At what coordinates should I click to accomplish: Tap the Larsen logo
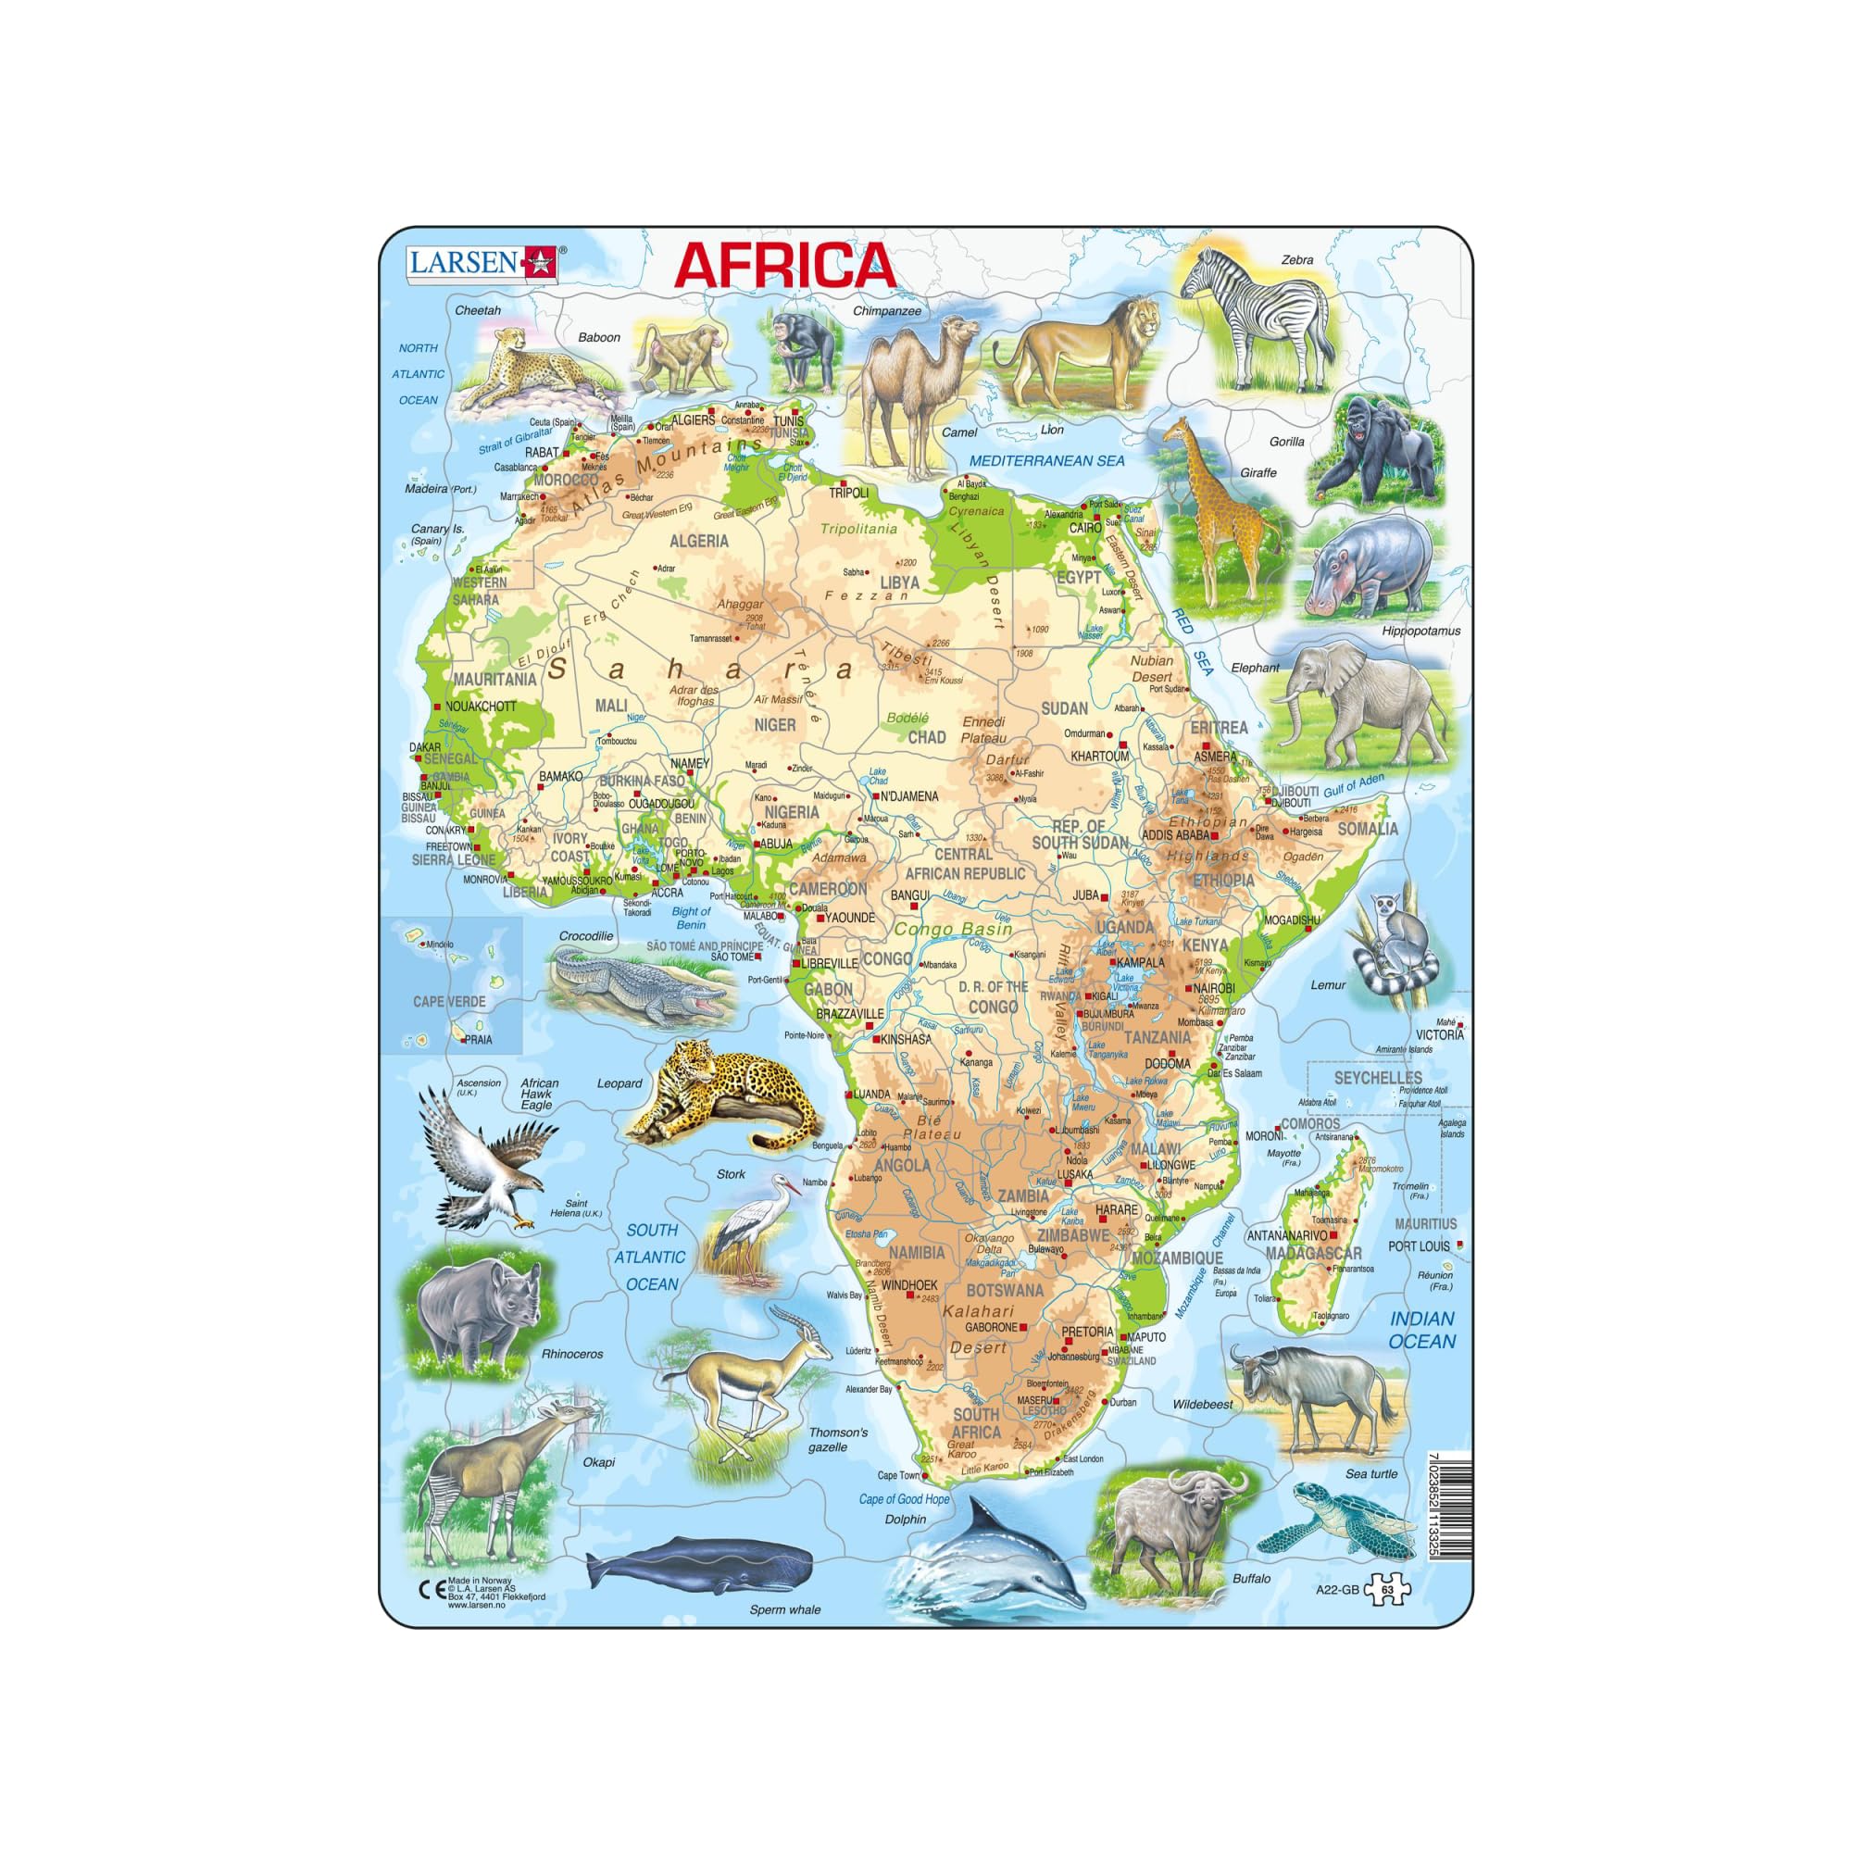click(x=483, y=261)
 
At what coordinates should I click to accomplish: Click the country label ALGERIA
click(x=699, y=541)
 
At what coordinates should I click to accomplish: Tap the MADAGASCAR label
click(x=1313, y=1253)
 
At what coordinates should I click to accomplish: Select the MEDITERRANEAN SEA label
click(x=1046, y=461)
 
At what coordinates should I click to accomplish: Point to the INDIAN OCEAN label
click(x=1422, y=1331)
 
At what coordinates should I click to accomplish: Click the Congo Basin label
click(x=953, y=929)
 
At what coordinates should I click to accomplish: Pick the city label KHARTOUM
click(x=1099, y=757)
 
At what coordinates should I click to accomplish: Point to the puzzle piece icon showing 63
click(x=1389, y=1588)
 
